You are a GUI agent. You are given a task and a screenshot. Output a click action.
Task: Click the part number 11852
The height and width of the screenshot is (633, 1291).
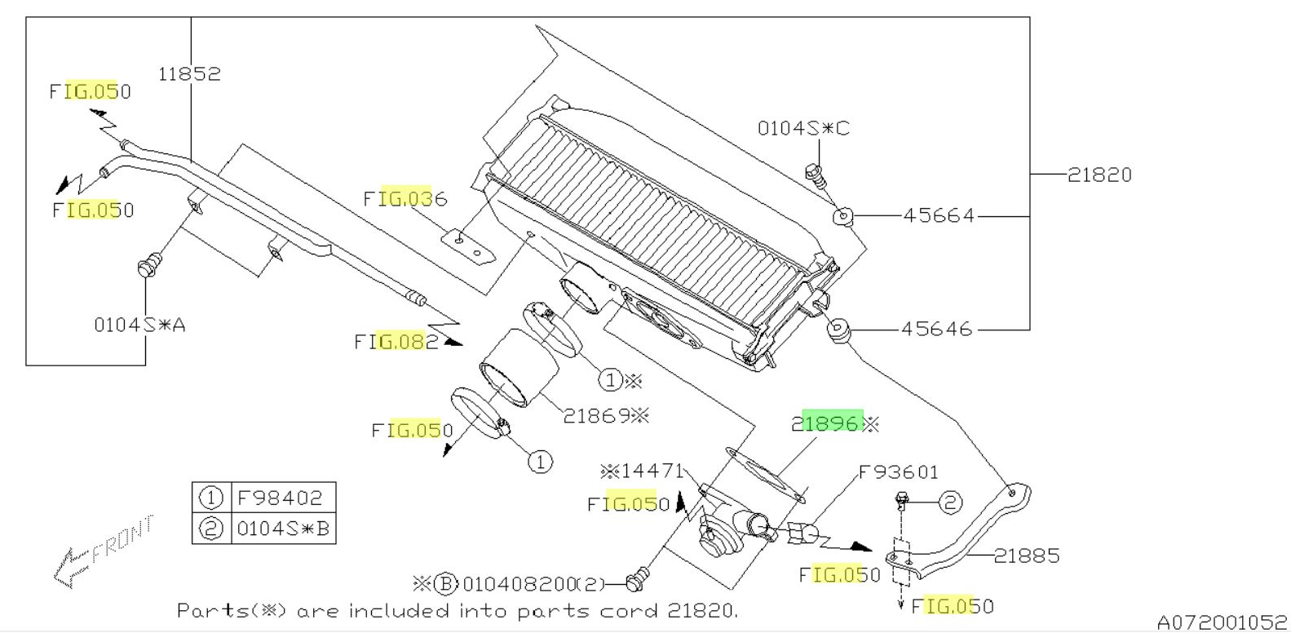tap(190, 73)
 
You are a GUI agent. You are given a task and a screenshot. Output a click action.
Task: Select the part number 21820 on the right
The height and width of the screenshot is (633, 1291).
tap(1099, 175)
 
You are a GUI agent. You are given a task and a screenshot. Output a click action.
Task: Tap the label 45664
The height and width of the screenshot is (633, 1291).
tap(939, 215)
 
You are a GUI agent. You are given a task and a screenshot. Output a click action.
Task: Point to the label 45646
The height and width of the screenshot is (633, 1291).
tap(936, 330)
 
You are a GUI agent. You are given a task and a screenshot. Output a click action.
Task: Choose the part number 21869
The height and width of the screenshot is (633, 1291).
tap(596, 416)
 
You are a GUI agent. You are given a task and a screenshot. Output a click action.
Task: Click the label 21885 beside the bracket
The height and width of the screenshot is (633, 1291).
tap(1027, 556)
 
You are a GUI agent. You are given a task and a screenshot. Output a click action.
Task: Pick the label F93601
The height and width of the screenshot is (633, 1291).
tap(899, 473)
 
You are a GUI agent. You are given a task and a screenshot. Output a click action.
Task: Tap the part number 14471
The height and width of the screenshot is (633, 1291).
tap(652, 471)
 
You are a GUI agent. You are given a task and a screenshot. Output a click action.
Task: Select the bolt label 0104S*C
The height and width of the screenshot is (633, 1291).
tap(803, 128)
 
